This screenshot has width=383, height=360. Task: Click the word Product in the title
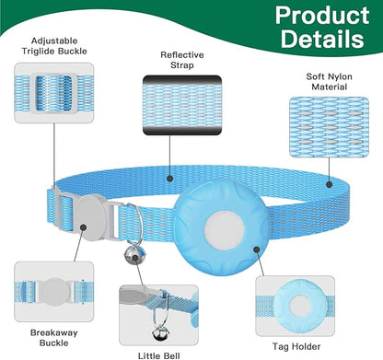coord(322,16)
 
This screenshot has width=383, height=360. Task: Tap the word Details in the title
coord(322,39)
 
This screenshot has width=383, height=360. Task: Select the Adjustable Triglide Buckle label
coord(54,46)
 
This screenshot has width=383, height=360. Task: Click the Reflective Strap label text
coord(182,60)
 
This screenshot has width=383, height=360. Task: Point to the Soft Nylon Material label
coord(329,82)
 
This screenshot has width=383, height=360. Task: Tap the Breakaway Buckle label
coord(54,338)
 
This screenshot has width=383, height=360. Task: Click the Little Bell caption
coord(158,355)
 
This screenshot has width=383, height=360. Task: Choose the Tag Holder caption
coord(296,346)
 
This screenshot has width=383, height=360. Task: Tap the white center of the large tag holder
coord(224,230)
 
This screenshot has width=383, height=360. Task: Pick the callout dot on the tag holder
coord(257,250)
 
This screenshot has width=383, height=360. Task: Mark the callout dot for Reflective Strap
coord(169,179)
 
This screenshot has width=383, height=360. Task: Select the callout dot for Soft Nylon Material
coord(329,184)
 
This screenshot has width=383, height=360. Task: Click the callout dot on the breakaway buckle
coord(83,227)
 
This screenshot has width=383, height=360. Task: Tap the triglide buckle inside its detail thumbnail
coord(54,93)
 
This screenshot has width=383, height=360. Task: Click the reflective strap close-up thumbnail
coord(182,105)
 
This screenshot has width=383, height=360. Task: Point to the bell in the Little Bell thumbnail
coord(159,333)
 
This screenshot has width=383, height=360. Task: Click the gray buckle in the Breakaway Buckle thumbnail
coord(55,291)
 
